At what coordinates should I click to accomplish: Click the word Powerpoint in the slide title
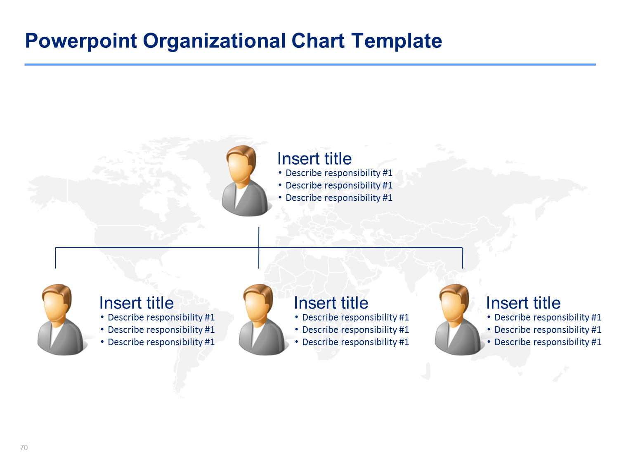click(x=81, y=41)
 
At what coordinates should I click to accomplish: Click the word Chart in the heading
click(x=317, y=40)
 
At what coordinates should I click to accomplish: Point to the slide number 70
click(x=24, y=448)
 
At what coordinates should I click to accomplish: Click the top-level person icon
click(x=246, y=181)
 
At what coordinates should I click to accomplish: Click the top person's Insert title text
click(x=314, y=158)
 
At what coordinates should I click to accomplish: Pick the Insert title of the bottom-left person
click(x=137, y=303)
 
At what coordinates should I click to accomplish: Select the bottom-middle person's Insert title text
click(x=331, y=303)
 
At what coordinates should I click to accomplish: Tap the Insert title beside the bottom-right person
click(x=523, y=303)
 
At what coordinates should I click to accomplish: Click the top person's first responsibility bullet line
click(x=335, y=173)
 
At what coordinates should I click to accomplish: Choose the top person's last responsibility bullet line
click(x=335, y=198)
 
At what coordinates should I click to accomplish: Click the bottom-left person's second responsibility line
click(x=157, y=330)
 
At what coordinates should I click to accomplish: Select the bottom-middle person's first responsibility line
click(x=352, y=317)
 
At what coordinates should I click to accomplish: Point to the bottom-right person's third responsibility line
click(x=544, y=342)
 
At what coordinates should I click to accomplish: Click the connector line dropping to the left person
click(x=55, y=258)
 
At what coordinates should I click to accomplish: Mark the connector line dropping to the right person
click(x=463, y=258)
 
